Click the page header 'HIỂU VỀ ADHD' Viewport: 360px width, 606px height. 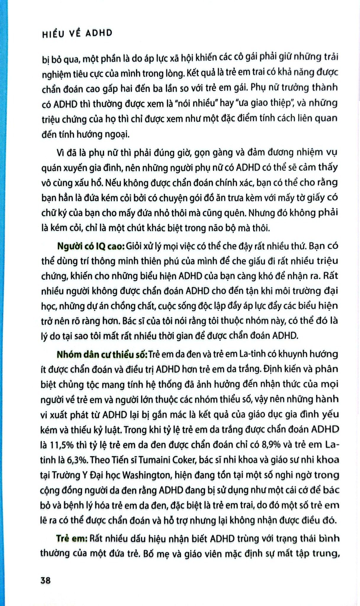click(x=77, y=33)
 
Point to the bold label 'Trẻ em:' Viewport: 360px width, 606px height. click(x=71, y=539)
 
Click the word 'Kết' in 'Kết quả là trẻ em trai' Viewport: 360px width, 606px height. click(x=195, y=73)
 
